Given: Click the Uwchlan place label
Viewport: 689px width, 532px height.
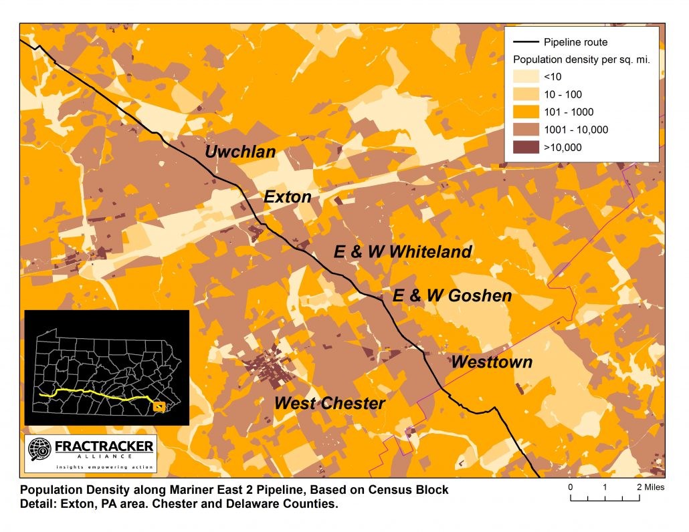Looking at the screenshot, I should point(240,152).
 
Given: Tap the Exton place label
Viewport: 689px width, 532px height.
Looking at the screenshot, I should point(288,197).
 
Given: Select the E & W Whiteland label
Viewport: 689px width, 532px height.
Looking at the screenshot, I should point(403,252).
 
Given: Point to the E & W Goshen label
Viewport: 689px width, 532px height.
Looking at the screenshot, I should point(452,295).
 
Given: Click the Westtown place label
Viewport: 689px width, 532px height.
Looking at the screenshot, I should point(492,362).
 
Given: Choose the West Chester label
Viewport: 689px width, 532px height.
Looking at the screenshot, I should point(330,403).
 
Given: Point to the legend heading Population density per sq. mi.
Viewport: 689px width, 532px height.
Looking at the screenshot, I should point(581,59).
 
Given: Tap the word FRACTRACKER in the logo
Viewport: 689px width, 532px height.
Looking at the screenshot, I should point(104,446).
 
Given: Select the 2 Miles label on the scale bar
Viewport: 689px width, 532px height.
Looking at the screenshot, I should point(650,487).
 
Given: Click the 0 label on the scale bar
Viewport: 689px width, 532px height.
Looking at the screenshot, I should point(571,487).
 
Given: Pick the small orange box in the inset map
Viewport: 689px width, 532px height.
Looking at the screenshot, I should point(159,406).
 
